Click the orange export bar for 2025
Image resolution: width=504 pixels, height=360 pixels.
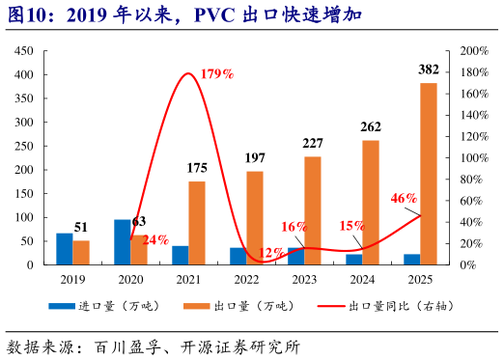pyautogui.click(x=428, y=174)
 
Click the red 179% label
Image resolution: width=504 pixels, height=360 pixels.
pyautogui.click(x=217, y=74)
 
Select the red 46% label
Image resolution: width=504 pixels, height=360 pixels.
pyautogui.click(x=405, y=198)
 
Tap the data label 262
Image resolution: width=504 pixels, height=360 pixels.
pyautogui.click(x=371, y=126)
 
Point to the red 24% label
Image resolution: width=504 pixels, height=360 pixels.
pyautogui.click(x=155, y=239)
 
